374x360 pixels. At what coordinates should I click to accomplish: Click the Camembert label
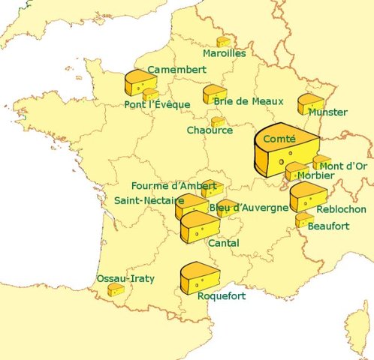pyautogui.click(x=176, y=70)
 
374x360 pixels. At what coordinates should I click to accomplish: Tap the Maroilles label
pyautogui.click(x=224, y=54)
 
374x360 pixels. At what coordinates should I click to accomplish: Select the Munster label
pyautogui.click(x=327, y=112)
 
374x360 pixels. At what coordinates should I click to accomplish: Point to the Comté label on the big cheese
pyautogui.click(x=279, y=139)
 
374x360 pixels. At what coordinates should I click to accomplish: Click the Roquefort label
pyautogui.click(x=221, y=296)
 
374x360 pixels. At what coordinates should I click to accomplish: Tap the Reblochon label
pyautogui.click(x=341, y=210)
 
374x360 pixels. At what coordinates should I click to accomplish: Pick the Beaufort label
pyautogui.click(x=328, y=225)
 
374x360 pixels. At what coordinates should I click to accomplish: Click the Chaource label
pyautogui.click(x=210, y=130)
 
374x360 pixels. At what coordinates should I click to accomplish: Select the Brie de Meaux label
pyautogui.click(x=238, y=100)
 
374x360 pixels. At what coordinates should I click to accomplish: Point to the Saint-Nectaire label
pyautogui.click(x=149, y=201)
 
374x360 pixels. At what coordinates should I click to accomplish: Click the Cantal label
pyautogui.click(x=223, y=244)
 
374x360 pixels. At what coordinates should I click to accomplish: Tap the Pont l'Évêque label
pyautogui.click(x=157, y=104)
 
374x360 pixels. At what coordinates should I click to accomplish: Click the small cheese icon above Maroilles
pyautogui.click(x=223, y=41)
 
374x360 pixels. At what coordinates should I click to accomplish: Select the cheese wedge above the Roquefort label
pyautogui.click(x=199, y=277)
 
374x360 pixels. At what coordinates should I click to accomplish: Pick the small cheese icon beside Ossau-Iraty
pyautogui.click(x=116, y=289)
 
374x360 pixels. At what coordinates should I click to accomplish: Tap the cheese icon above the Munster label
pyautogui.click(x=309, y=103)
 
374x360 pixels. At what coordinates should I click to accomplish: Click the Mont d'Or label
pyautogui.click(x=342, y=166)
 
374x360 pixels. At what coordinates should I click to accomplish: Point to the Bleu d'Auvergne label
pyautogui.click(x=249, y=208)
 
